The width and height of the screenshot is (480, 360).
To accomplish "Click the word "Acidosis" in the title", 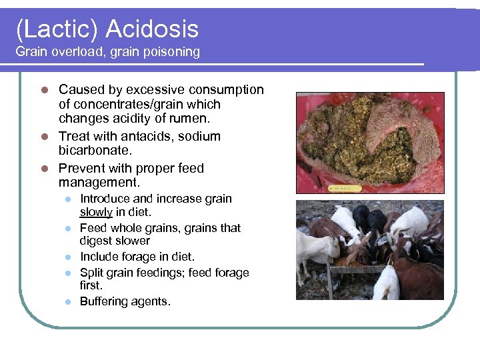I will pos(152,29).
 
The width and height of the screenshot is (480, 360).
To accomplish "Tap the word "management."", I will pos(98,183).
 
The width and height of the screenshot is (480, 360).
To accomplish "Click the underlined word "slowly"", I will pos(96,212).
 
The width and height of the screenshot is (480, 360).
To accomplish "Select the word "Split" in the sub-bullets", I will pos(91,273).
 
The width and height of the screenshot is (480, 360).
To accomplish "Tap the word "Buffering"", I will pos(104,301).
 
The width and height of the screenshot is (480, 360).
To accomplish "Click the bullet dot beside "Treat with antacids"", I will pos(44,137).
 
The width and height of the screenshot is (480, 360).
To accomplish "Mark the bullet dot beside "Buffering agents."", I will pos(68,302).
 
